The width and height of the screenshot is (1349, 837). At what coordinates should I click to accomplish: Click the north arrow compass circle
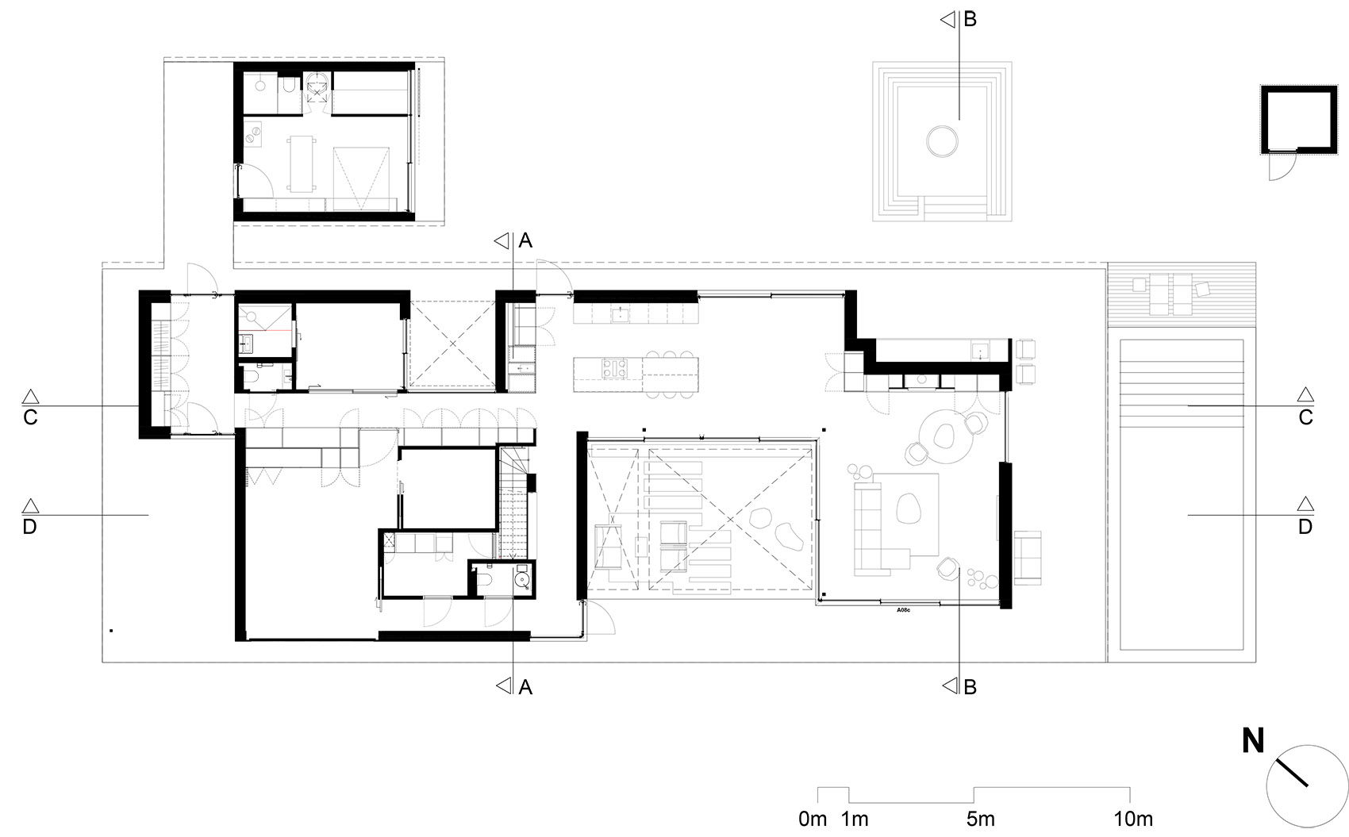click(1302, 786)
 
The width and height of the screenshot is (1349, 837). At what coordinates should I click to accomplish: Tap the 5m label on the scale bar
click(980, 819)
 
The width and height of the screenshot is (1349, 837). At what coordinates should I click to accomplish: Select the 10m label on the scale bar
click(1132, 819)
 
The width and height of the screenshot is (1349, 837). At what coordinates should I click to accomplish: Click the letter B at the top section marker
click(970, 20)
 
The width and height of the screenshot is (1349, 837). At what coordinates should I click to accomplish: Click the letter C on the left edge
click(30, 417)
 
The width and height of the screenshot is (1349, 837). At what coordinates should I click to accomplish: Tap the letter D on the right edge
click(1305, 526)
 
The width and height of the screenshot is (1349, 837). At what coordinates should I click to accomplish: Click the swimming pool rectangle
click(1181, 494)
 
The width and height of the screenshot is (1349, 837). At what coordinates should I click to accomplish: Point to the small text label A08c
click(903, 610)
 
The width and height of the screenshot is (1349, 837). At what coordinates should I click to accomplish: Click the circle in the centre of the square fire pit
click(942, 140)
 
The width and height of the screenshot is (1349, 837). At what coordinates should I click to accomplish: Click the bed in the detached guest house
click(361, 176)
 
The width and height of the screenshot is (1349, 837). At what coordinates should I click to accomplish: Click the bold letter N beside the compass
click(1253, 741)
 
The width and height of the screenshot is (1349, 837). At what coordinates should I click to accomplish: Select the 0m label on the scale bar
click(813, 819)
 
